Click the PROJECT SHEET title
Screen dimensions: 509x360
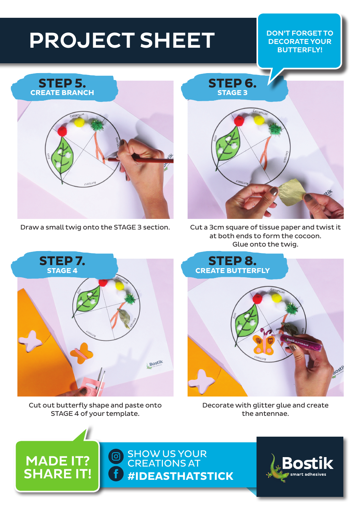point(122,40)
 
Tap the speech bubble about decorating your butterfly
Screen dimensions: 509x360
point(299,42)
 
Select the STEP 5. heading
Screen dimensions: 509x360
point(62,83)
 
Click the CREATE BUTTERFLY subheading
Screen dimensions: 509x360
point(232,271)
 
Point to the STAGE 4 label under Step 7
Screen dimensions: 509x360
point(62,271)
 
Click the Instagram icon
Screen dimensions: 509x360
point(116,456)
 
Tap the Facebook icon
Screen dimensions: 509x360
point(116,473)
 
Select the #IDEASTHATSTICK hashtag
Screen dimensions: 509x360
point(180,476)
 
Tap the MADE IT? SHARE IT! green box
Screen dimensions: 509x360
point(57,467)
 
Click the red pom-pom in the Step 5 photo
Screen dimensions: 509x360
point(62,131)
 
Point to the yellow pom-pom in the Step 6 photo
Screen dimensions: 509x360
point(259,120)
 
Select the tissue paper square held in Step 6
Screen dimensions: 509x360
point(291,192)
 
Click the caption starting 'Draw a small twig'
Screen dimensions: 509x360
point(95,227)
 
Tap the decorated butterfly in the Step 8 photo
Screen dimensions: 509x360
point(264,343)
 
